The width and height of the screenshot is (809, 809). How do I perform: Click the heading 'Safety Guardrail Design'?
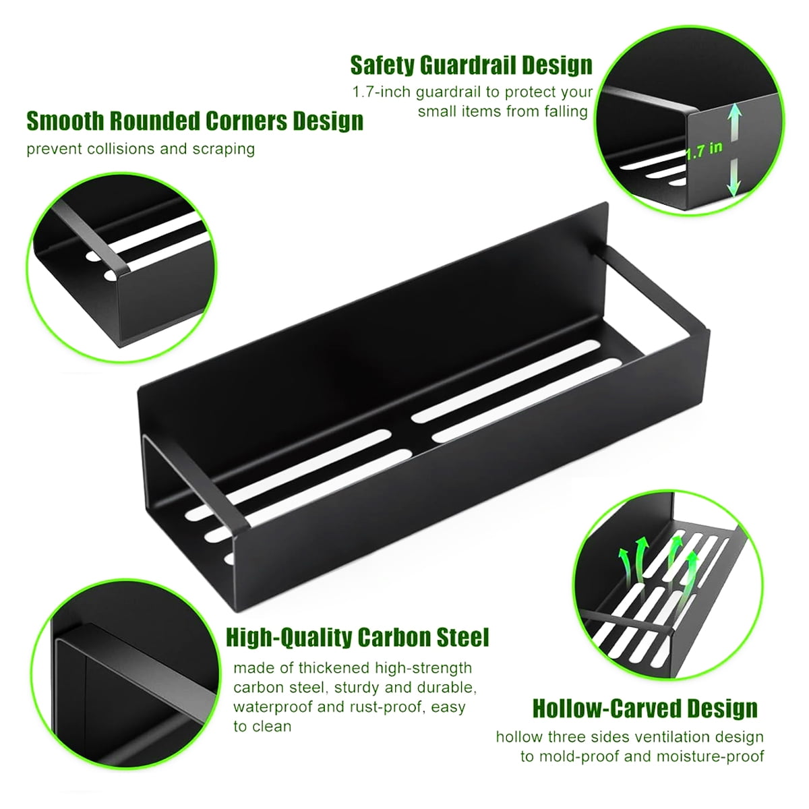point(471,65)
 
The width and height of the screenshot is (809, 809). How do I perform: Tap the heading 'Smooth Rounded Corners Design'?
point(195,121)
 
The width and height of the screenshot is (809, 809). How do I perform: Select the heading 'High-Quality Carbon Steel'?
point(358,638)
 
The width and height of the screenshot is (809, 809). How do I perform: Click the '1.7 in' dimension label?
point(705,150)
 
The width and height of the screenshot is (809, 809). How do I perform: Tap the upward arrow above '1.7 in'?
point(734,122)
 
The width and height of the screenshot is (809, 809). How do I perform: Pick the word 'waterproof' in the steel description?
point(273,707)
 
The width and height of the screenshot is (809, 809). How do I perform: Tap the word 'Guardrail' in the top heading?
point(468,65)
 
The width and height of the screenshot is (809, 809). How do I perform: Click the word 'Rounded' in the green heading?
point(154,121)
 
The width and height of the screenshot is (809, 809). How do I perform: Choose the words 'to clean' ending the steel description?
point(262,726)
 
